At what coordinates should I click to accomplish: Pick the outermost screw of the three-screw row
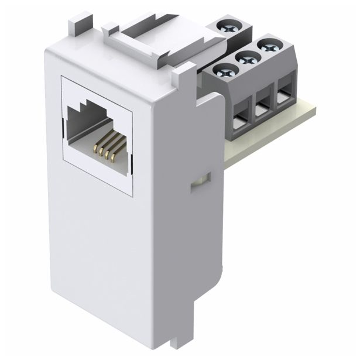[266, 45]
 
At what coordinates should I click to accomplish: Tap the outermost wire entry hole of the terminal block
[283, 97]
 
